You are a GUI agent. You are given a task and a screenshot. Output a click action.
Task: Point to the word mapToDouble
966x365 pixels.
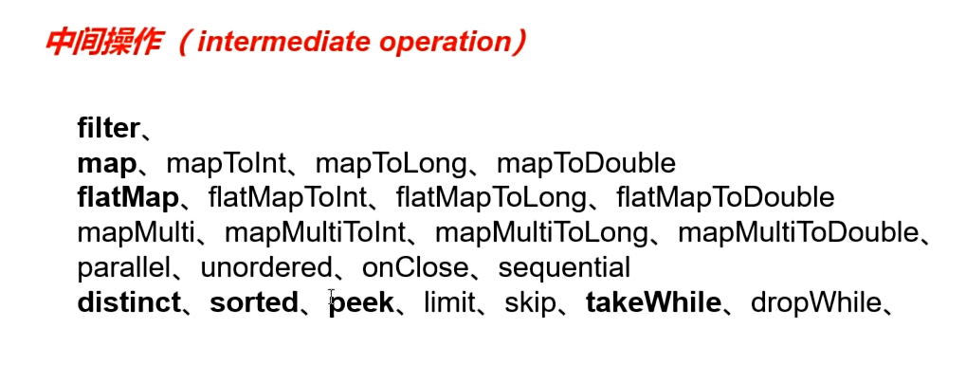point(586,163)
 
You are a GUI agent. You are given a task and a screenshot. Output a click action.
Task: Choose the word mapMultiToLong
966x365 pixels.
point(541,232)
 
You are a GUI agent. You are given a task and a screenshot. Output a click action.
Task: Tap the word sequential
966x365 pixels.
point(564,267)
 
